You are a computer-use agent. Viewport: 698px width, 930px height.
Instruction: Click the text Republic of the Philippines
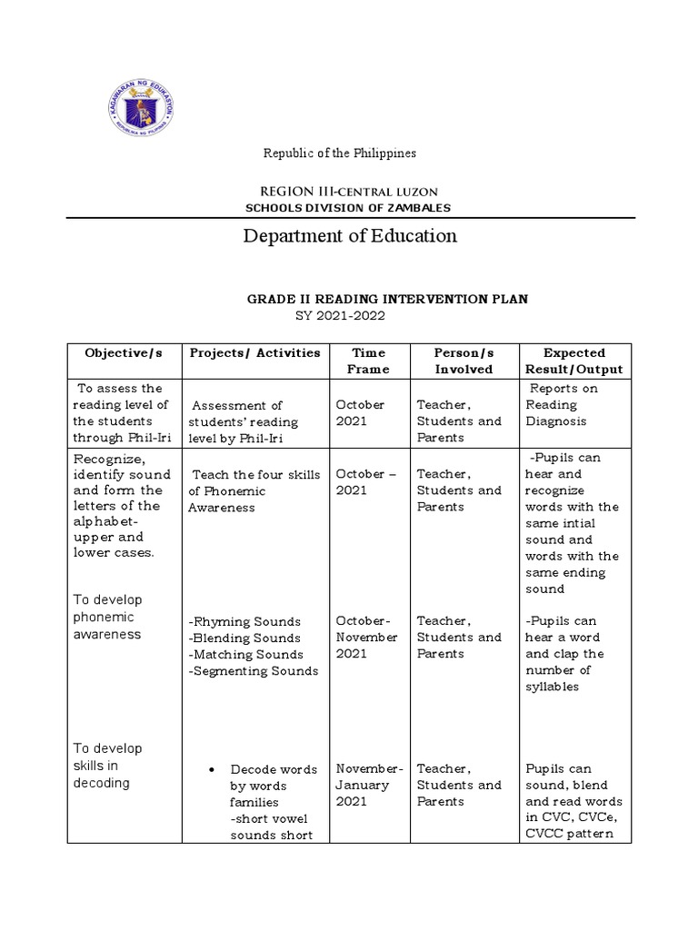coord(340,153)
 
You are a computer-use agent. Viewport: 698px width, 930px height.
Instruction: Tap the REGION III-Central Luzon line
coord(349,191)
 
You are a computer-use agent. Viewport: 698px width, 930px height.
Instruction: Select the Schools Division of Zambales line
coord(349,208)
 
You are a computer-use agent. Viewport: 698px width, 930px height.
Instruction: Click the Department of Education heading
coord(350,236)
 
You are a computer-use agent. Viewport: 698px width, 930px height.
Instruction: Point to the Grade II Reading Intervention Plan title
coord(388,299)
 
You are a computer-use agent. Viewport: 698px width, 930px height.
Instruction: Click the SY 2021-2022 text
coord(341,315)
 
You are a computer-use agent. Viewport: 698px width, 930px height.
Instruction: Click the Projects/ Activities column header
coord(254,352)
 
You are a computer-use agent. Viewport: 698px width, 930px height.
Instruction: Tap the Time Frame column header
coord(368,361)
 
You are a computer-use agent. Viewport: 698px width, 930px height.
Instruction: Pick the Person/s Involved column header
coord(463,361)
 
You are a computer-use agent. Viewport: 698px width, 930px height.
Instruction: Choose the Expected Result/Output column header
coord(573,361)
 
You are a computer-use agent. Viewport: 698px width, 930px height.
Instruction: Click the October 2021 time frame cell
coord(360,413)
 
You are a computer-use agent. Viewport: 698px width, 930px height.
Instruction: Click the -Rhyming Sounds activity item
coord(244,622)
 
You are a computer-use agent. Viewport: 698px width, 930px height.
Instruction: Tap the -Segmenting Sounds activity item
coord(254,671)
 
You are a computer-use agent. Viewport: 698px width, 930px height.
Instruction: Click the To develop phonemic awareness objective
coord(107,617)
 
